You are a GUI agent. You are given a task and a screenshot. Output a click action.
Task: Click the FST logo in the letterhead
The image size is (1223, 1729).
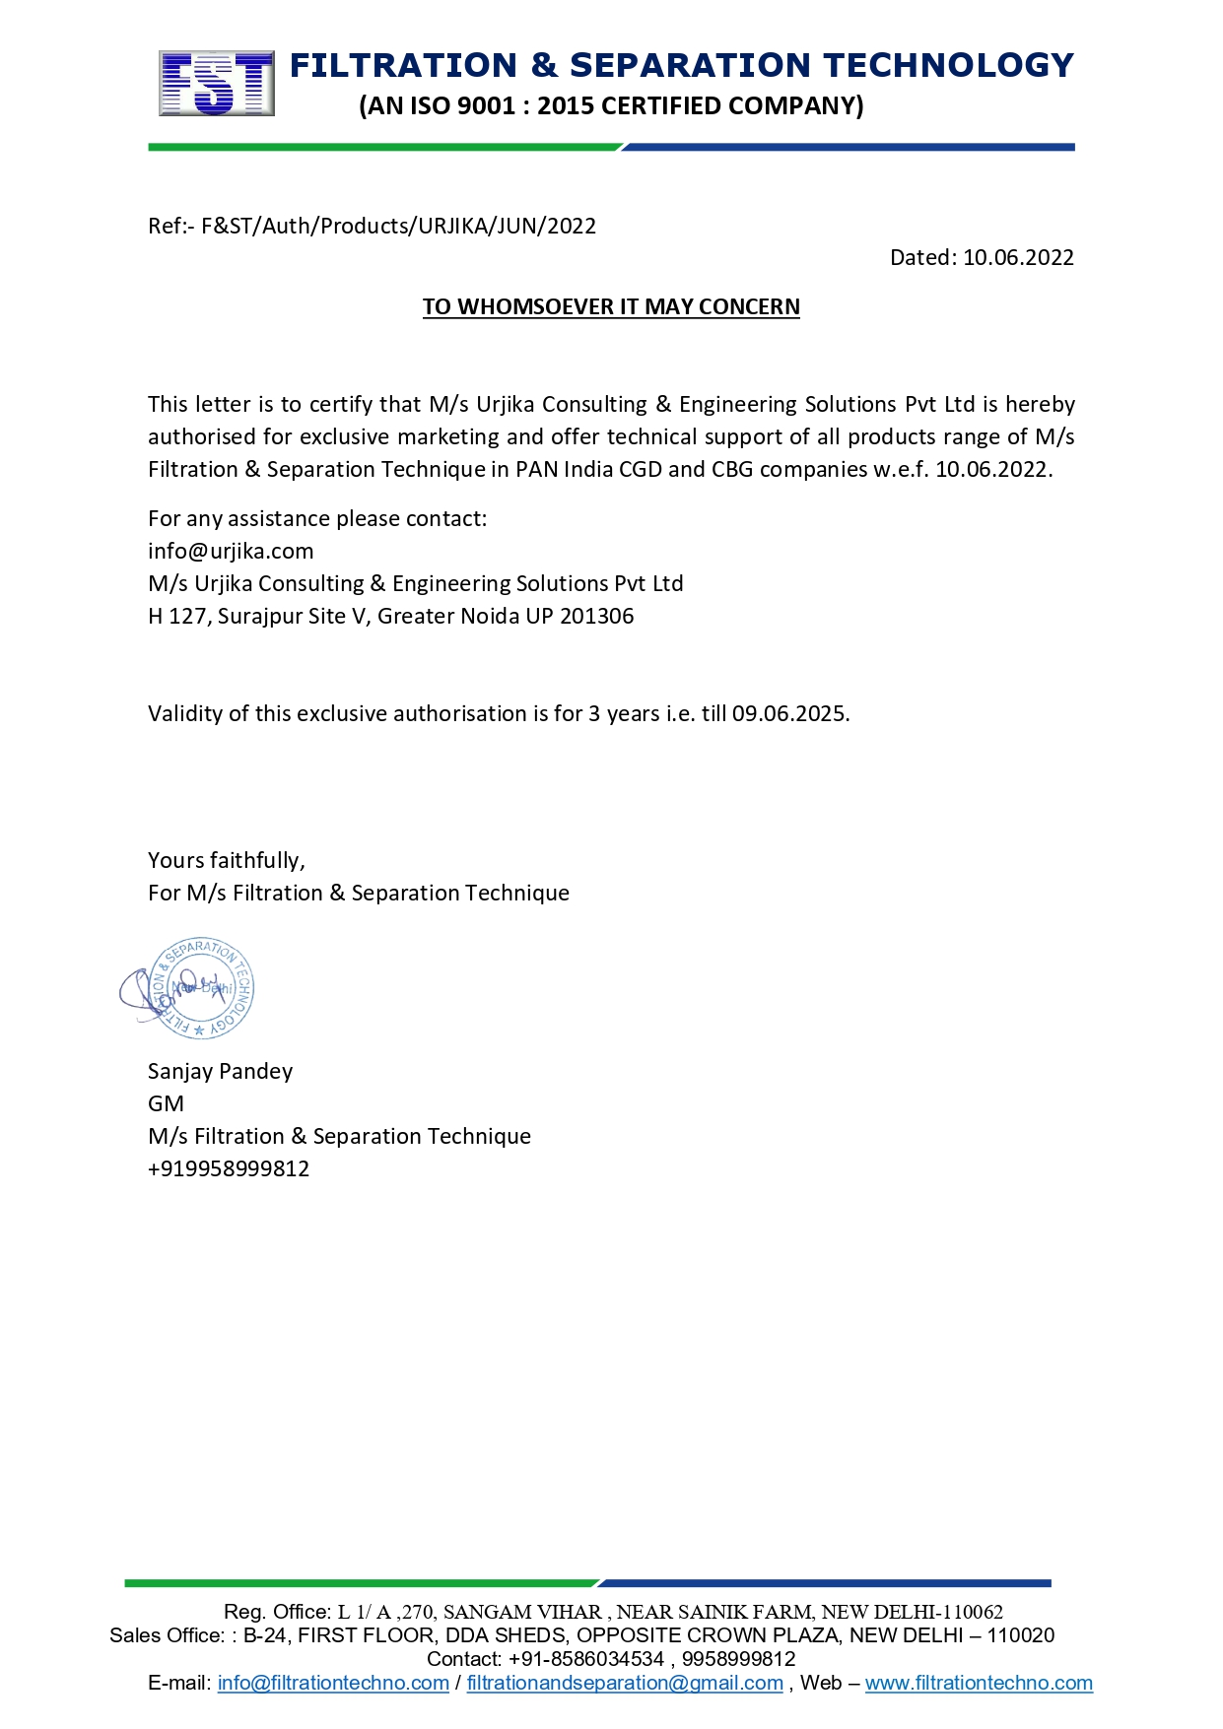pyautogui.click(x=217, y=84)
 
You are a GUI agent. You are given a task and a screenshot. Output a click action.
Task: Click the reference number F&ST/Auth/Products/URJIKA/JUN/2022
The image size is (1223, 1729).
pyautogui.click(x=398, y=227)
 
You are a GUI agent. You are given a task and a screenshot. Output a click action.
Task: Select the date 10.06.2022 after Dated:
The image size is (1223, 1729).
pyautogui.click(x=1018, y=258)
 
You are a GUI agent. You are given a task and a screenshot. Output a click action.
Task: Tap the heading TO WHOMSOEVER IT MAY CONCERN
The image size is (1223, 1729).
pyautogui.click(x=611, y=307)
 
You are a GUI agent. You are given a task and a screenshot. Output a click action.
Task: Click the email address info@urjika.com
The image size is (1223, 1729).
pyautogui.click(x=231, y=552)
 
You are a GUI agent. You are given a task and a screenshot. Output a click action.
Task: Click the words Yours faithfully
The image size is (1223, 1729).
pyautogui.click(x=226, y=861)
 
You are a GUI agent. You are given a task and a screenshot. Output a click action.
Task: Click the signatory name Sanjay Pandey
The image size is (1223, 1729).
pyautogui.click(x=220, y=1072)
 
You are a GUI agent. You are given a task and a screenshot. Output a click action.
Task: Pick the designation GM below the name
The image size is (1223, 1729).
pyautogui.click(x=166, y=1104)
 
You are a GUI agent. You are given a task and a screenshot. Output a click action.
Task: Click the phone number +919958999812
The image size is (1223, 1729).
pyautogui.click(x=229, y=1169)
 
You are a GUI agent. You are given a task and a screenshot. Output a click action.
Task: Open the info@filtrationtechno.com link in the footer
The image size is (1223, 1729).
pyautogui.click(x=333, y=1683)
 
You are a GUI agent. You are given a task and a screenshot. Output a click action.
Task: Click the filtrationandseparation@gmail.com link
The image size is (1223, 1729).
pyautogui.click(x=625, y=1683)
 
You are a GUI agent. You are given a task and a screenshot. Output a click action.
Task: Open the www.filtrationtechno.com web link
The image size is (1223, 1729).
pyautogui.click(x=979, y=1683)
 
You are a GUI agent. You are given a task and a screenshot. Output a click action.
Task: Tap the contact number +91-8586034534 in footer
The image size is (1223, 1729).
pyautogui.click(x=586, y=1659)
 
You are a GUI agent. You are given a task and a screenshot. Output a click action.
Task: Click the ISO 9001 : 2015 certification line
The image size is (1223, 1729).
pyautogui.click(x=611, y=106)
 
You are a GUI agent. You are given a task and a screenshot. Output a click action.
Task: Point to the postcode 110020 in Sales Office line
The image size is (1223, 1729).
pyautogui.click(x=1020, y=1635)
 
